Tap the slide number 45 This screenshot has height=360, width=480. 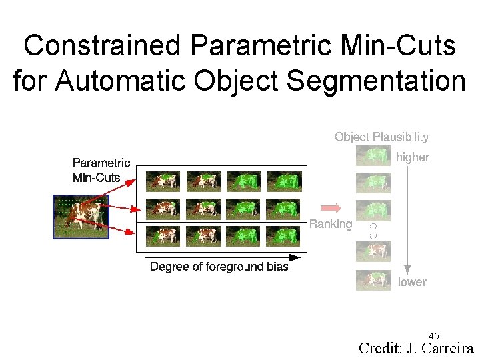(x=433, y=335)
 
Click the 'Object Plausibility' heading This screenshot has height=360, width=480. (x=381, y=137)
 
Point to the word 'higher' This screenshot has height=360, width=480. (x=413, y=157)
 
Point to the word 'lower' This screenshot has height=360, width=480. (x=412, y=282)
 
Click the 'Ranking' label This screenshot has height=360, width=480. (x=331, y=224)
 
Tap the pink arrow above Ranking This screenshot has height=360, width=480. (x=331, y=207)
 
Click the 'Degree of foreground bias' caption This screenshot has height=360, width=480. (x=219, y=267)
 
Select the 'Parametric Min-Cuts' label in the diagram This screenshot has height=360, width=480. (x=101, y=170)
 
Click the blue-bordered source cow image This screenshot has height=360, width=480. (x=81, y=216)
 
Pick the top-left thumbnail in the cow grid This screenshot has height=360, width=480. (x=163, y=181)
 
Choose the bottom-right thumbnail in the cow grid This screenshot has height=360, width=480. (x=284, y=236)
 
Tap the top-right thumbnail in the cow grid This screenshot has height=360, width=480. (x=284, y=181)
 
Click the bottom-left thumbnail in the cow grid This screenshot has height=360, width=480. (x=163, y=236)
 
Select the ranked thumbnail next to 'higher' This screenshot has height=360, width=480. (x=373, y=156)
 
